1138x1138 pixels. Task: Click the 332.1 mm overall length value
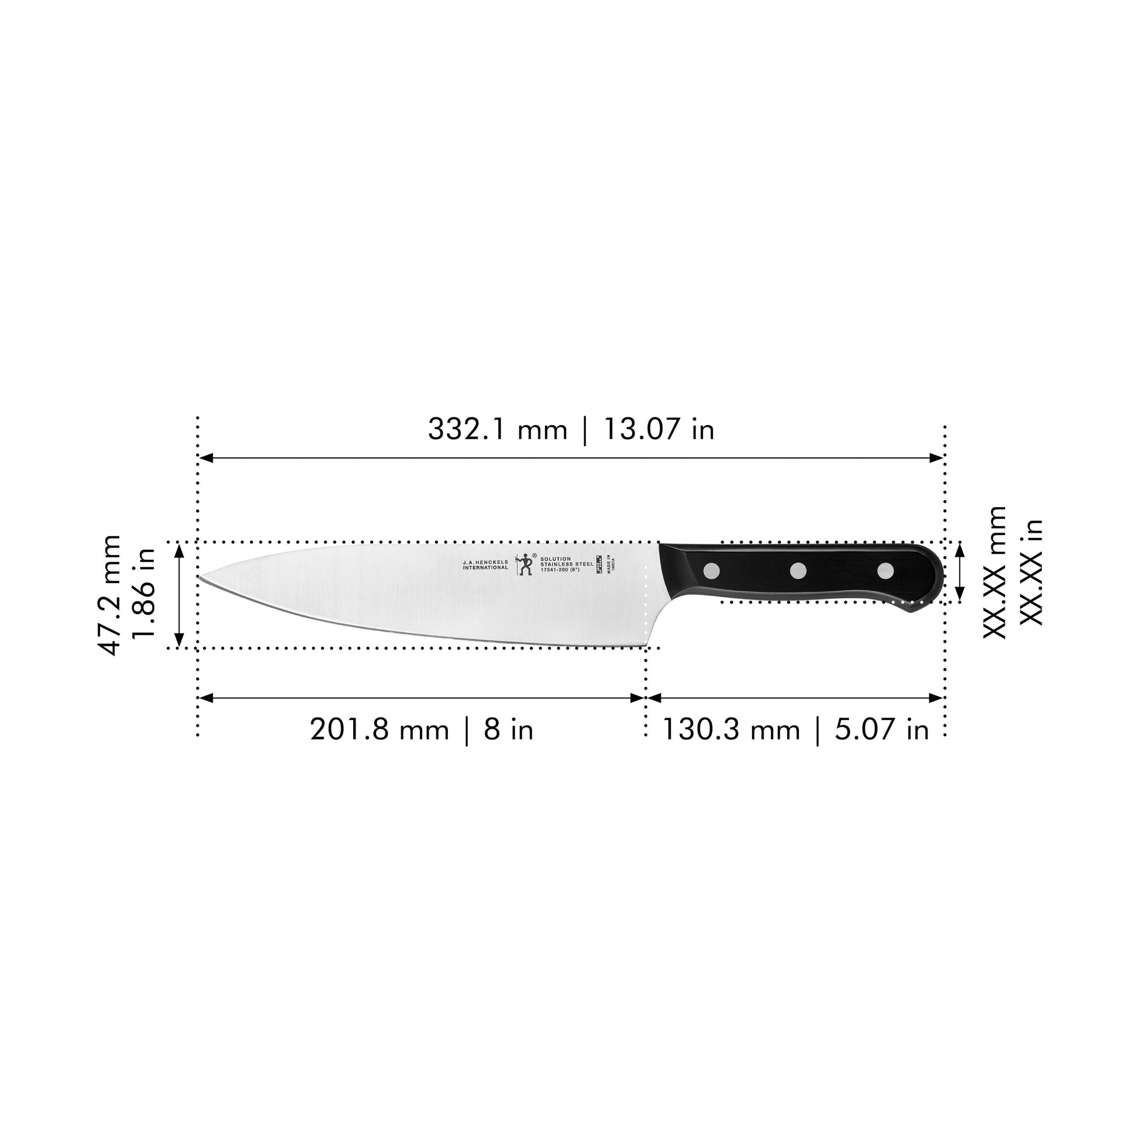(497, 429)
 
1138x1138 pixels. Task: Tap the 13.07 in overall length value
(659, 429)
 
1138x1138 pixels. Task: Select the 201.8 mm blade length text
(380, 730)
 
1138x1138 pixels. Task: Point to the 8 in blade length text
(509, 730)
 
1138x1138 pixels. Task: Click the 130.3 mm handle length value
(732, 730)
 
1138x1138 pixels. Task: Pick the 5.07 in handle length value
(882, 730)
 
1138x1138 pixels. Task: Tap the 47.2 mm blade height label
(109, 595)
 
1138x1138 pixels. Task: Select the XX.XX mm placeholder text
(995, 571)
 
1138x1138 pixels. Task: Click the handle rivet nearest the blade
(713, 570)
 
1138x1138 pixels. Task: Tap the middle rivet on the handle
(798, 570)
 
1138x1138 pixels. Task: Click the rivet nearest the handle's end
(885, 570)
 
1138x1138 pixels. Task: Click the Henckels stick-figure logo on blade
(523, 564)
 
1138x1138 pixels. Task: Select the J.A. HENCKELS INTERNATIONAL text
(485, 564)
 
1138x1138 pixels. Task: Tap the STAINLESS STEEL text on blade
(567, 564)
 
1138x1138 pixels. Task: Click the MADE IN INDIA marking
(612, 563)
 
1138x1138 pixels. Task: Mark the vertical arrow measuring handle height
(960, 572)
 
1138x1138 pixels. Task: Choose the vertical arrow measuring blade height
(180, 595)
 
